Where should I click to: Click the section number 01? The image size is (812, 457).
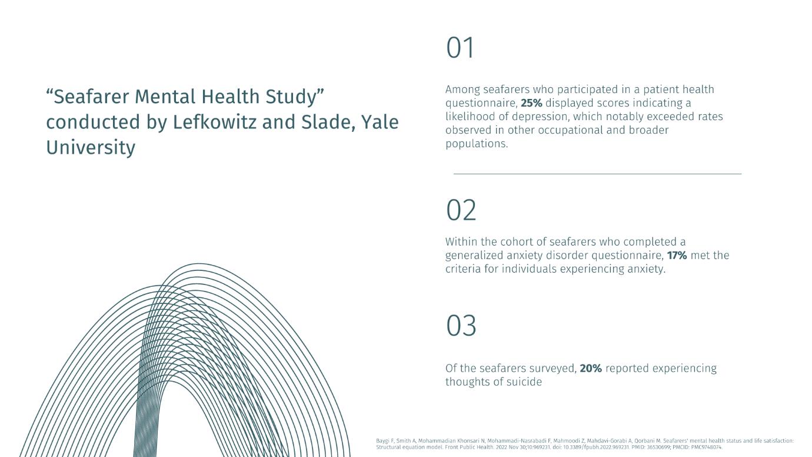(460, 48)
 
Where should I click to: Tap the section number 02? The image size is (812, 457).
(461, 210)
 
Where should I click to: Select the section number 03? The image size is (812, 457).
(461, 325)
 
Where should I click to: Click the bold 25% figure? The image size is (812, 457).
(531, 103)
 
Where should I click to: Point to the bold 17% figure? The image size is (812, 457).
(677, 256)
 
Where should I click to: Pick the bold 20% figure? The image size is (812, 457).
(591, 369)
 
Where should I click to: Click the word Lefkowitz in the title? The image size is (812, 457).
(215, 122)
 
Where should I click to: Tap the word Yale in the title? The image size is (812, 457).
(380, 122)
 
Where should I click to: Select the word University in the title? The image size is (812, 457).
(91, 148)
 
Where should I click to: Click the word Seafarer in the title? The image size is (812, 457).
(91, 97)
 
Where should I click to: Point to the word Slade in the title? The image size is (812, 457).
(328, 122)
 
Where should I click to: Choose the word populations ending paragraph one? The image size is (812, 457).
(477, 144)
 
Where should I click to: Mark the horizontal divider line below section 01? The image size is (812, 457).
(597, 174)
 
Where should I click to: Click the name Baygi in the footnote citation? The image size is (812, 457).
(382, 441)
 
